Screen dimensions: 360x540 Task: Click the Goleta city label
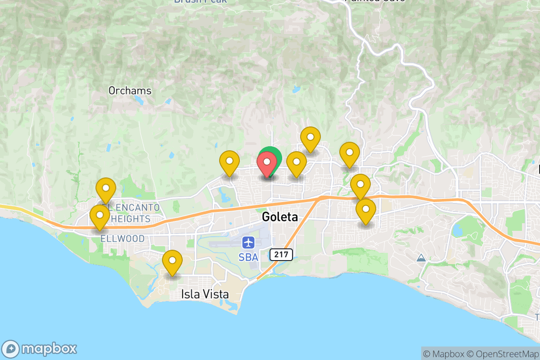coord(279,217)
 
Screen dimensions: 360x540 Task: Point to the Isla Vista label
coord(205,294)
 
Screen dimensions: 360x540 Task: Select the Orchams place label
coord(130,91)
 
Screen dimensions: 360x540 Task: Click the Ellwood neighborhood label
coord(122,238)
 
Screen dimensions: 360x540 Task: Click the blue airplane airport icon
coord(248,243)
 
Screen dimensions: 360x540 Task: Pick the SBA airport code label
coord(248,257)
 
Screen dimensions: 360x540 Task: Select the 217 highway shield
coord(281,255)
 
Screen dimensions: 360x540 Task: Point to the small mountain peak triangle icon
coord(421,258)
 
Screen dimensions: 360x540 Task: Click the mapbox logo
coord(40,349)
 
